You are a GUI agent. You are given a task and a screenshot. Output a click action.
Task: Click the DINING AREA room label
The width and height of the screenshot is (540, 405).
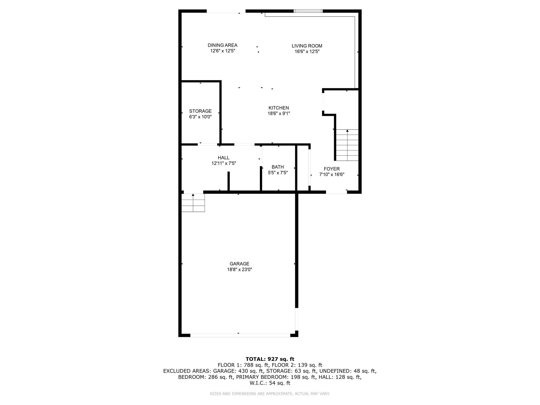click(x=222, y=45)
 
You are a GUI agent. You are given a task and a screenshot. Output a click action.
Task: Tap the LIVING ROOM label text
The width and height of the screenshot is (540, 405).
click(x=307, y=46)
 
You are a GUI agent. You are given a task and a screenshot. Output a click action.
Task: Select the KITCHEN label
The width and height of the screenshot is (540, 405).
click(x=279, y=108)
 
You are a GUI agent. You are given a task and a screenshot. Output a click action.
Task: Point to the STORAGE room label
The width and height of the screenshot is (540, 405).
click(x=200, y=111)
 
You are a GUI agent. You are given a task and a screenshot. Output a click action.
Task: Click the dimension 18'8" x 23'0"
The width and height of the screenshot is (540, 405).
click(x=239, y=269)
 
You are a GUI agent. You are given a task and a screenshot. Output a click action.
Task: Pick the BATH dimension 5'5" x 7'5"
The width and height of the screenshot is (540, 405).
click(x=278, y=173)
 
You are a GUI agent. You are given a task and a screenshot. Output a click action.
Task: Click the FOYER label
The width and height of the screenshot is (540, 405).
click(x=332, y=169)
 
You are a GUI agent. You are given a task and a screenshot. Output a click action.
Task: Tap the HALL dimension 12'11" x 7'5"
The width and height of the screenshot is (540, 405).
click(x=224, y=163)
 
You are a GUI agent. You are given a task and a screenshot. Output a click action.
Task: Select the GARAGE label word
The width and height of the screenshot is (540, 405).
click(x=239, y=264)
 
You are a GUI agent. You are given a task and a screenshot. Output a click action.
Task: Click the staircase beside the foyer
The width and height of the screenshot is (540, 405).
click(x=347, y=145)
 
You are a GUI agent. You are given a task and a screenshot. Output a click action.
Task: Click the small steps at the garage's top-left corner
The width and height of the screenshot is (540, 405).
click(x=193, y=203)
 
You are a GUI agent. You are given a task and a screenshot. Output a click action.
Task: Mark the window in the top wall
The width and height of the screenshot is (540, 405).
click(x=308, y=11)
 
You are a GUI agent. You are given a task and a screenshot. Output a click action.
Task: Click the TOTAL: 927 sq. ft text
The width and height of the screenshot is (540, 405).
click(x=270, y=359)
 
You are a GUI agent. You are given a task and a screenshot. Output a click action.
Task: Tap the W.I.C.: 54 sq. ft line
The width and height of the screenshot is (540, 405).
click(x=270, y=383)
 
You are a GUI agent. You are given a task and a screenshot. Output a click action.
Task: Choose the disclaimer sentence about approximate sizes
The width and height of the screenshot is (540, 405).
click(x=270, y=394)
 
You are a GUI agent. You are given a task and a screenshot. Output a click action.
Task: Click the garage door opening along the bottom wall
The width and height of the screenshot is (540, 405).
click(x=240, y=335)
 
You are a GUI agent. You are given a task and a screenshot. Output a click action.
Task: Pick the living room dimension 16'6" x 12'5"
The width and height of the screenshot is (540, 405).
click(x=307, y=51)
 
